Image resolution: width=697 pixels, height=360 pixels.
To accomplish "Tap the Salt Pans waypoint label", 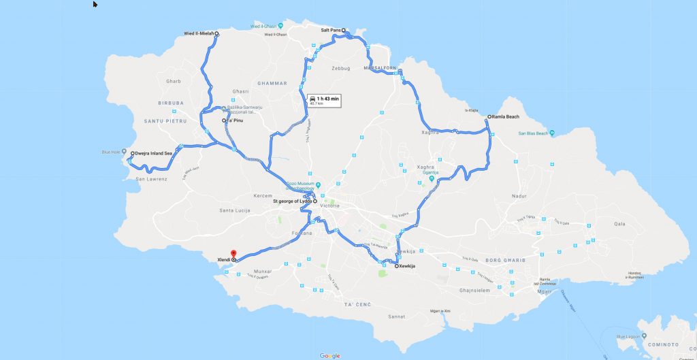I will (x=331, y=30).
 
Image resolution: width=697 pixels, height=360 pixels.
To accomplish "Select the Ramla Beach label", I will (x=505, y=117).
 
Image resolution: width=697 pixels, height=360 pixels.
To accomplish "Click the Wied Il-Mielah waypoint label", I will (x=199, y=33).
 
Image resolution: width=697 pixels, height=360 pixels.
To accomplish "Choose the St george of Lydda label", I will (x=292, y=201).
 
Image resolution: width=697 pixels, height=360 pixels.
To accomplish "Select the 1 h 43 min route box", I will (x=323, y=101).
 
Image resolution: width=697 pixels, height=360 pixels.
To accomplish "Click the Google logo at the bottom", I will (x=329, y=355).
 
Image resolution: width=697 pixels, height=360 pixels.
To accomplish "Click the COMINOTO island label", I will (x=664, y=344).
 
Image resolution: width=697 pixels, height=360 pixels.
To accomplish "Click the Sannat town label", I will (x=395, y=316).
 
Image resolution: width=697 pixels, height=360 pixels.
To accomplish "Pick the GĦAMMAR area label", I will (x=272, y=83).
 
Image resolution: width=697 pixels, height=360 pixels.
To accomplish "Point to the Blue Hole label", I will (x=110, y=152).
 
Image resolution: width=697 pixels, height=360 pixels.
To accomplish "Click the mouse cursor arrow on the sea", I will (x=95, y=4).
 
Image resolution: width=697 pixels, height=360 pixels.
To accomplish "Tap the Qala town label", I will (x=619, y=223).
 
